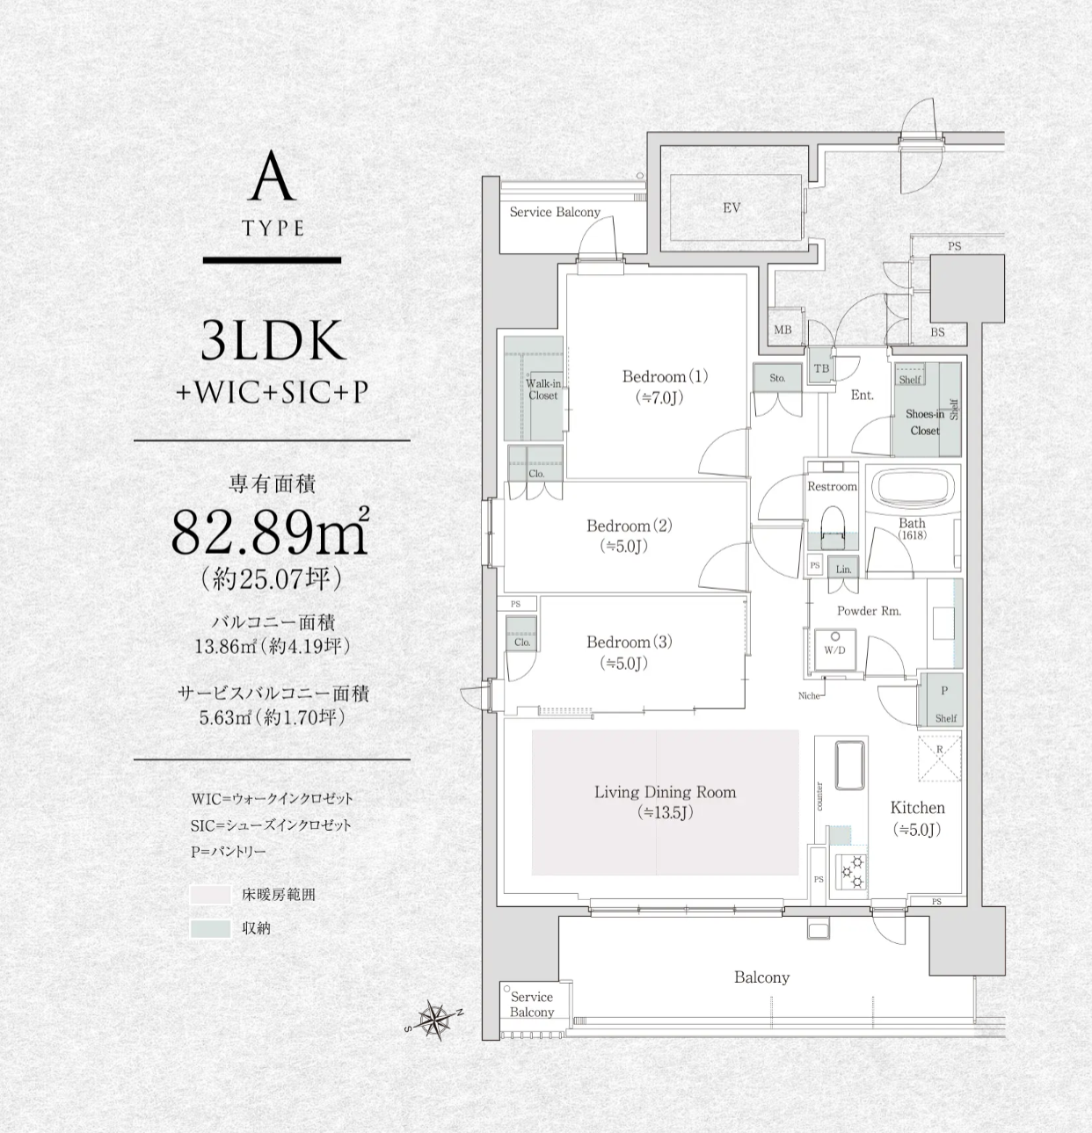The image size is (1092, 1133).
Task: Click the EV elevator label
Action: [732, 207]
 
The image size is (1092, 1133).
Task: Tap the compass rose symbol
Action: [433, 1020]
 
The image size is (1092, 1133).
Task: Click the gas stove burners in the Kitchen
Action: [851, 871]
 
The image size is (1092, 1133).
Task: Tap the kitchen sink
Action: [850, 765]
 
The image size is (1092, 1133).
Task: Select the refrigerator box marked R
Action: [939, 758]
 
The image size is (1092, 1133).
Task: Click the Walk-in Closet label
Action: [543, 389]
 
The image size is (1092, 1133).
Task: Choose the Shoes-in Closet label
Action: [925, 422]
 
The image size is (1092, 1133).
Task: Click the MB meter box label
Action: [783, 330]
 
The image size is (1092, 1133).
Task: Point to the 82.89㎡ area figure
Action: [271, 531]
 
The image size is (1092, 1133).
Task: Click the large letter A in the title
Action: [272, 177]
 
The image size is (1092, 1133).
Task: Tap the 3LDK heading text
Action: [273, 340]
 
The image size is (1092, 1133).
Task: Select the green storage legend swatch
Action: [210, 928]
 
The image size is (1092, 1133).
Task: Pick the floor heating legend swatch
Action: [210, 894]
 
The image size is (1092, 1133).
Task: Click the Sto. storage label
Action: [777, 378]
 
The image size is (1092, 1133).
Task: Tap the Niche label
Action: [809, 696]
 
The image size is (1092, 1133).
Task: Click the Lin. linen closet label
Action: [843, 570]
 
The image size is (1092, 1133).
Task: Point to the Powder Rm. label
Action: [869, 611]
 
